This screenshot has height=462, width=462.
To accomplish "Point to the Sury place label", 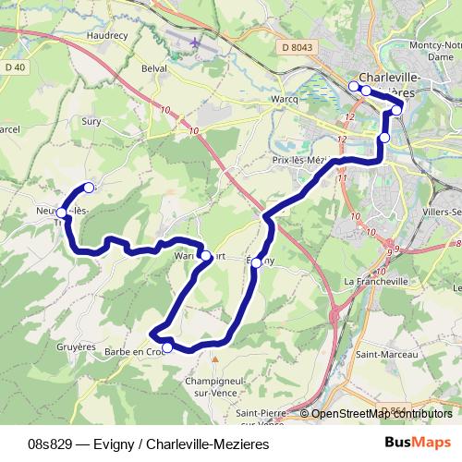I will click(x=91, y=121).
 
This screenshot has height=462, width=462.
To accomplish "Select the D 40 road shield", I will click(x=14, y=67).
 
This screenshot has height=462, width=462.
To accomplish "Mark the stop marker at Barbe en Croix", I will click(x=167, y=348).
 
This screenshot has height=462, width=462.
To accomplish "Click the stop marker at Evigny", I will click(x=256, y=262).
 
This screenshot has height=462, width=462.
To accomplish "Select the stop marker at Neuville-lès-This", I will click(x=61, y=213).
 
